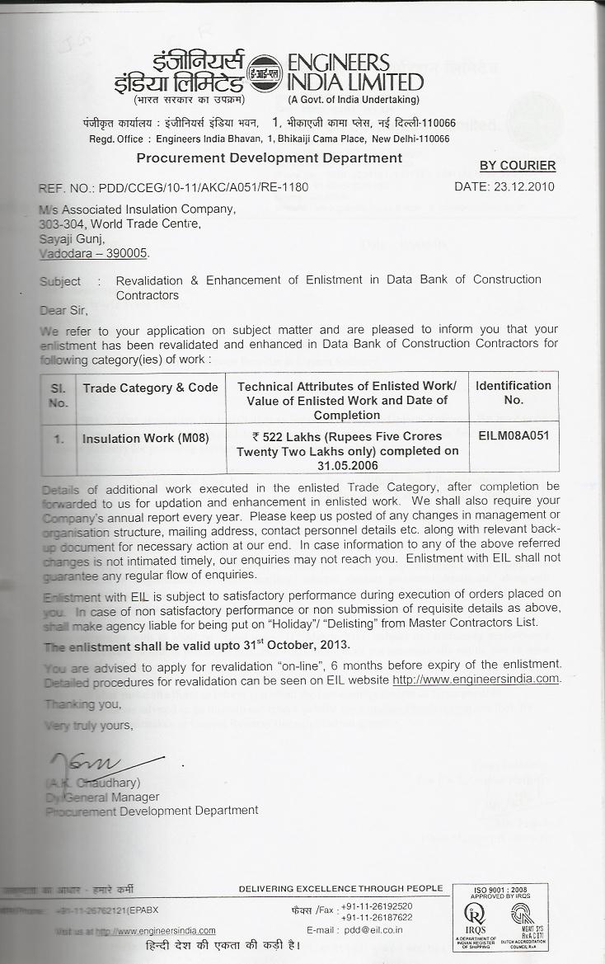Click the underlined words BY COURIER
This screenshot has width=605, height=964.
click(518, 166)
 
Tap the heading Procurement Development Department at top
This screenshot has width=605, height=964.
click(270, 158)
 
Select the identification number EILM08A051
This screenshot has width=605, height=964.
click(513, 435)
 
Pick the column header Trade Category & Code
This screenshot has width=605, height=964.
click(150, 388)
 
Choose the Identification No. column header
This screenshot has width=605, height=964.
click(514, 393)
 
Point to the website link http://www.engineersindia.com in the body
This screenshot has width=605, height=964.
click(476, 680)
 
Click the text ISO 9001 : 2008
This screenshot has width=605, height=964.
click(499, 890)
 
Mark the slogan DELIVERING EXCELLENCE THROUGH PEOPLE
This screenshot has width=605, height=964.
click(340, 888)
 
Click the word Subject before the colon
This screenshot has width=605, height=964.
click(60, 281)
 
